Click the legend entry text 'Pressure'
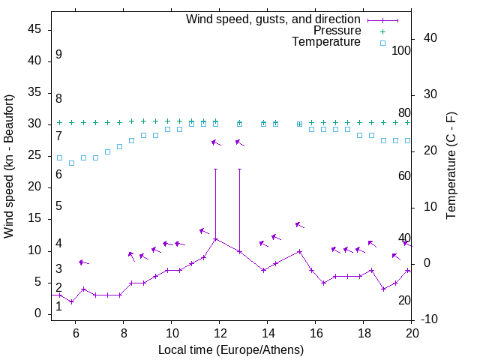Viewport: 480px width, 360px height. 337,31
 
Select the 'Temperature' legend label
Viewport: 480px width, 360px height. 326,42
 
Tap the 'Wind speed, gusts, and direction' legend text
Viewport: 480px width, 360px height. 274,19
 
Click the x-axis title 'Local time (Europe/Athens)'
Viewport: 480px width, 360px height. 231,349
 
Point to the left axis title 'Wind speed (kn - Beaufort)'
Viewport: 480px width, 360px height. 9,166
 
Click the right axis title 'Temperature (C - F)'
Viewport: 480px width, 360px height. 451,166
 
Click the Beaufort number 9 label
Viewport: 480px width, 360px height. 58,55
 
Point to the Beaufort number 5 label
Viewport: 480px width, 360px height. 58,206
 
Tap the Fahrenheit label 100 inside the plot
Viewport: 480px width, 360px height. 402,50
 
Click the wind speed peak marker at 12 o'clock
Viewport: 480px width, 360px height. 216,239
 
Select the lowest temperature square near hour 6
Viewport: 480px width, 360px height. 72,163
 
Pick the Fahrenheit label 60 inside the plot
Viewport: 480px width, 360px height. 404,175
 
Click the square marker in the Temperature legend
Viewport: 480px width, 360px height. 382,43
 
